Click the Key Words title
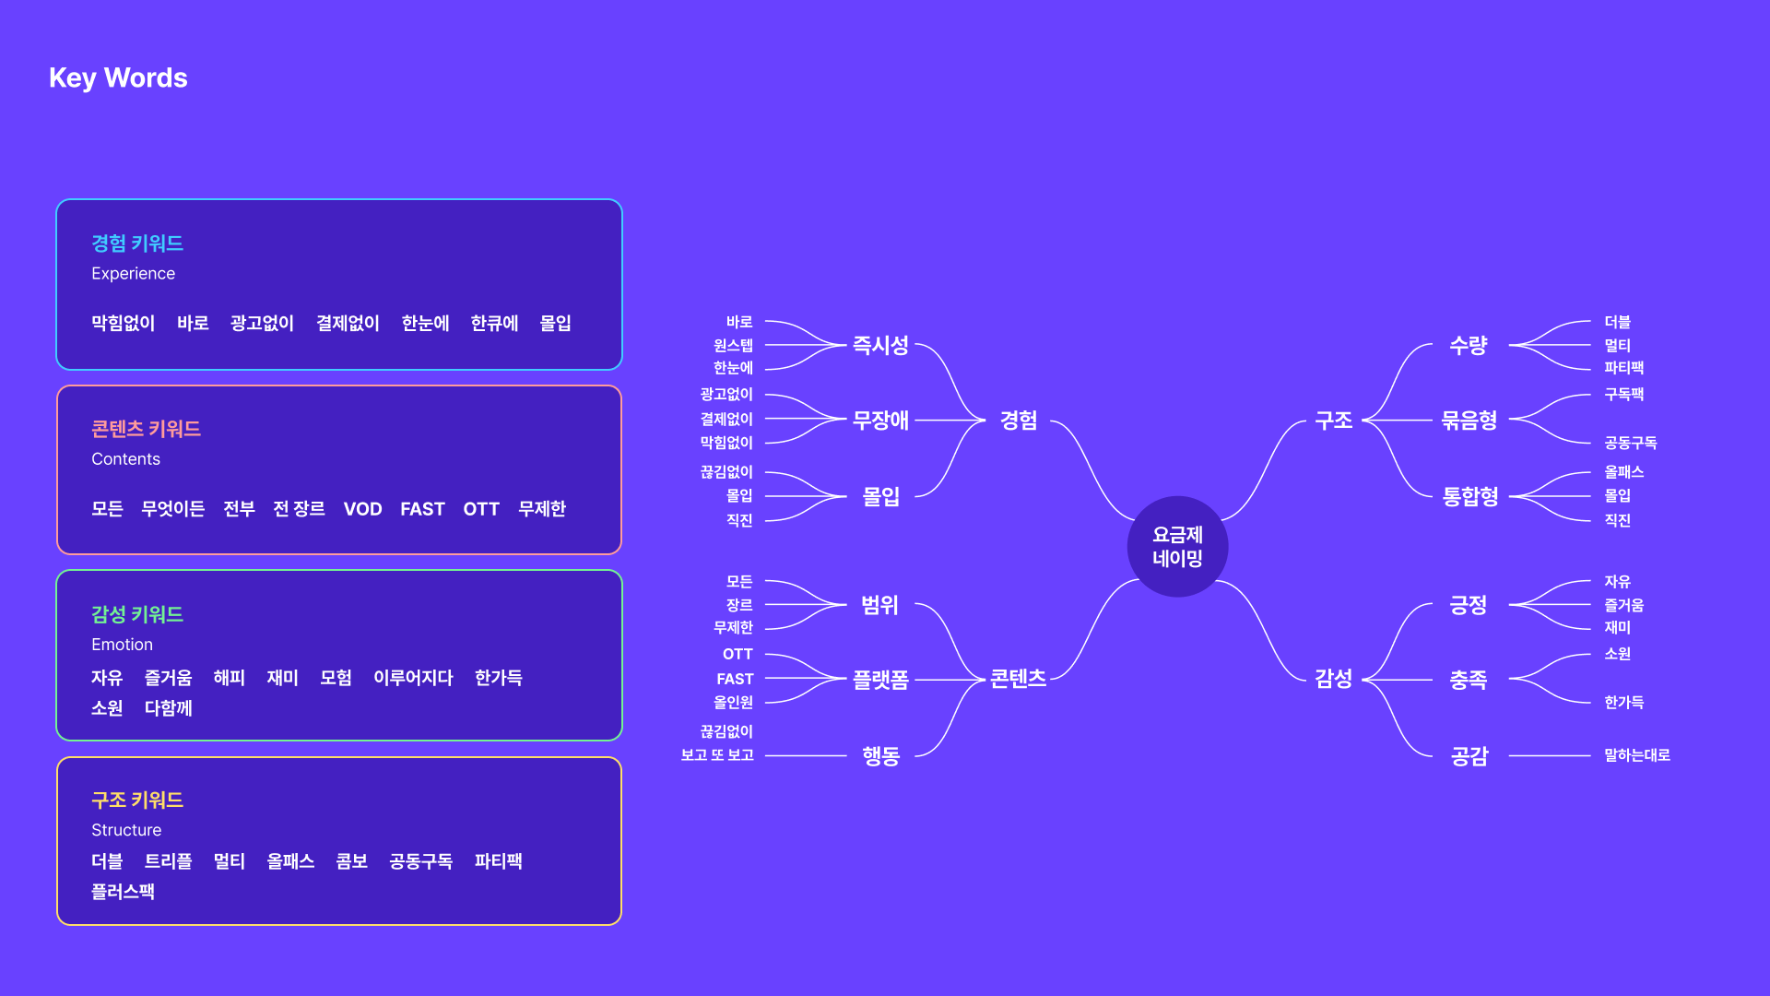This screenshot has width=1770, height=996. pos(118,78)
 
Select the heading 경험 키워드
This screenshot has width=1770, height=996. pos(137,243)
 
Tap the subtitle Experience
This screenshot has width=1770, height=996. pos(133,274)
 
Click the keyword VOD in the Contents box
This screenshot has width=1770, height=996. pos(362,509)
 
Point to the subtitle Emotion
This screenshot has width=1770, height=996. pos(122,645)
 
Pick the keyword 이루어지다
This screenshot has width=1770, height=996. pos(413,678)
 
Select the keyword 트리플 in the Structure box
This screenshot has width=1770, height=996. pos(168,861)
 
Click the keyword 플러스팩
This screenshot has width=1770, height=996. pos(123,892)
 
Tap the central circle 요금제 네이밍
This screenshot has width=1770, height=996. pos(1177,547)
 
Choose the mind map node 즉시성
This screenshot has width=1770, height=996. pos(880,346)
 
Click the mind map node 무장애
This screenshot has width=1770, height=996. pos(880,421)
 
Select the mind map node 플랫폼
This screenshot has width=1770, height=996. pos(880,681)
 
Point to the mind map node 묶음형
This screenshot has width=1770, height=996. pos(1469,421)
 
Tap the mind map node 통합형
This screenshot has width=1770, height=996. pos(1469,497)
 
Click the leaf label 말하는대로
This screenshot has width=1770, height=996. pos(1636,755)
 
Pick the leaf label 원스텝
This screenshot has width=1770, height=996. pos(733,346)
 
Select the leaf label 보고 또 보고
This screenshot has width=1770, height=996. pos(717,755)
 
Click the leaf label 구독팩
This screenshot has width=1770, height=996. pos(1623,395)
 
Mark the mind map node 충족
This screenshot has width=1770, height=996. pos(1469,681)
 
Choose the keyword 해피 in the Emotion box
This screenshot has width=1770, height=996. pos(229,678)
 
